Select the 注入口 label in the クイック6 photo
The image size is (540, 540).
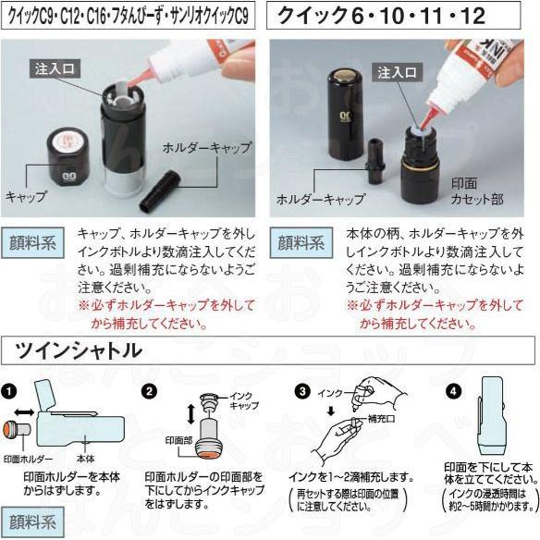(396, 72)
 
